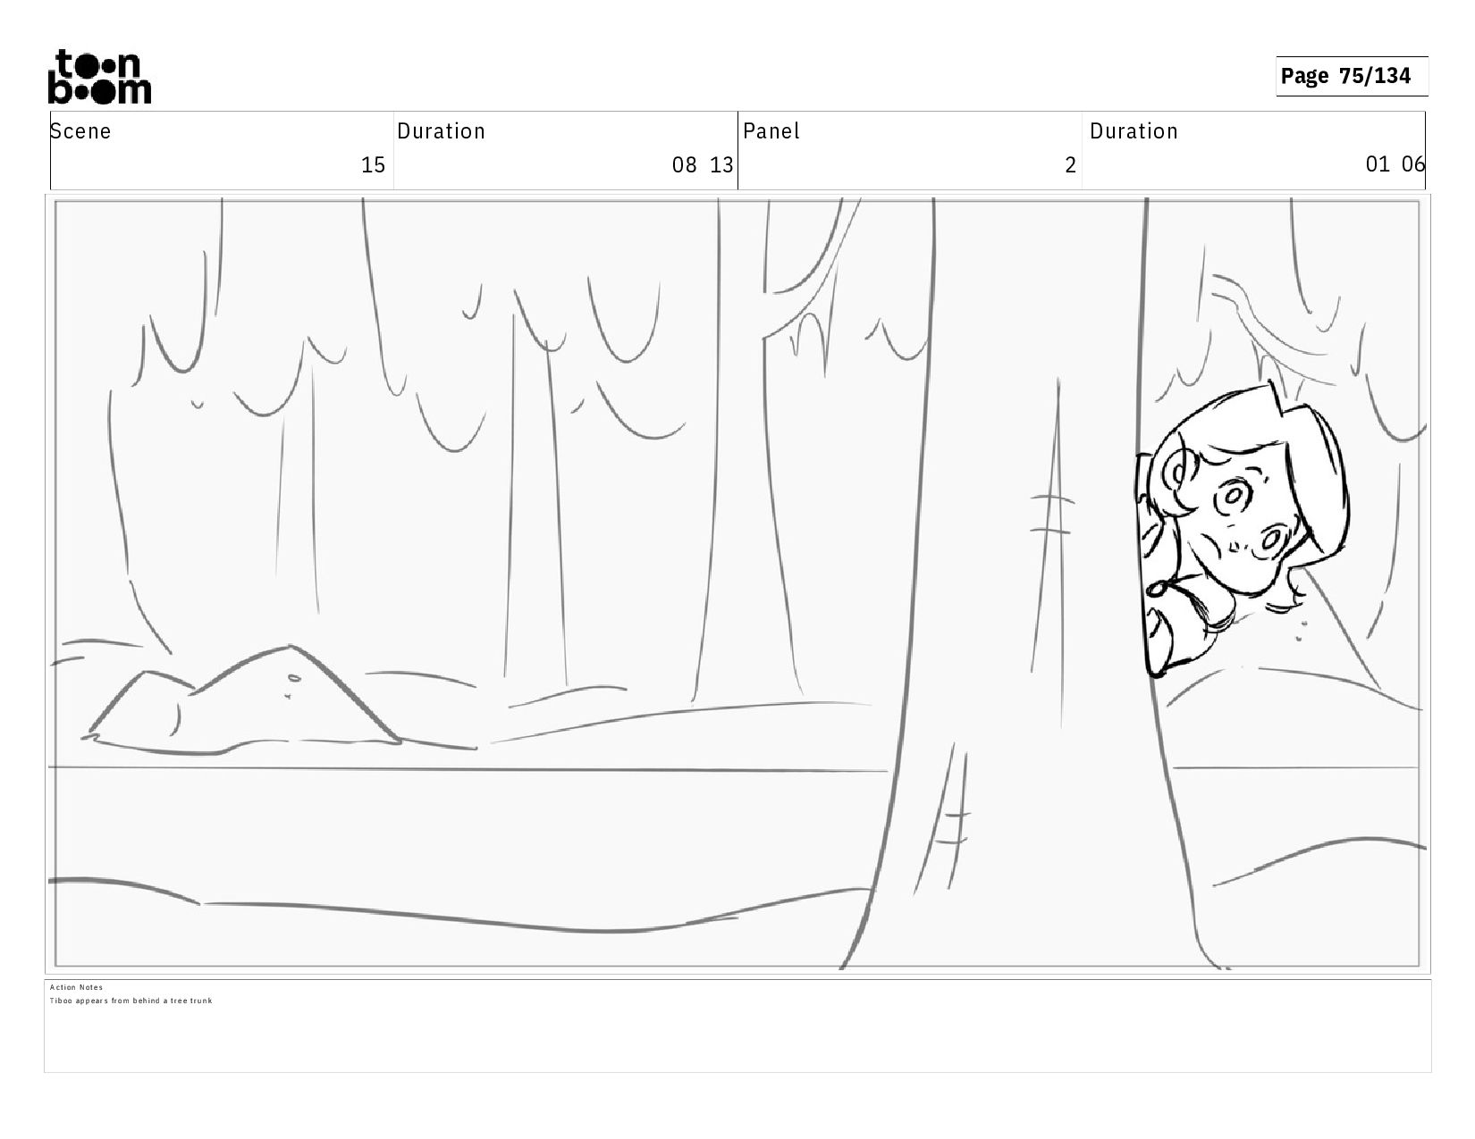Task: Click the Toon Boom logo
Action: coord(100,77)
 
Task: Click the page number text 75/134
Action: coord(1375,75)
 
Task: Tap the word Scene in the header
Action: coord(80,131)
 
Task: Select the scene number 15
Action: coord(373,165)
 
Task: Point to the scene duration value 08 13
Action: coord(703,165)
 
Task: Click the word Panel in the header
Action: coord(771,131)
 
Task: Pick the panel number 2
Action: coord(1070,165)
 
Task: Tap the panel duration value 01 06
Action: coord(1395,164)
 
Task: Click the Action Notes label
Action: coord(76,987)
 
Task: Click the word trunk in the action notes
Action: coord(201,1001)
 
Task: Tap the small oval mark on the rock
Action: coord(293,678)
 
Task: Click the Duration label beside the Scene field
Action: coord(442,131)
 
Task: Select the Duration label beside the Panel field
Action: coord(1134,131)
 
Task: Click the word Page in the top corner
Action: coord(1304,76)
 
